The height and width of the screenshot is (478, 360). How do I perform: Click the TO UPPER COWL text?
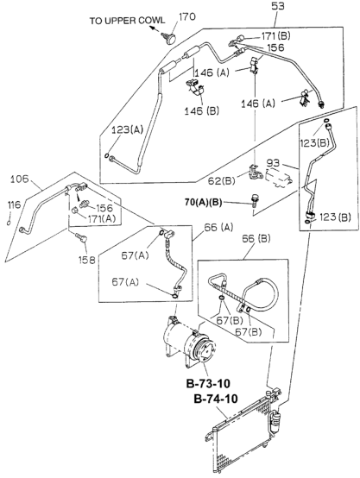pos(127,21)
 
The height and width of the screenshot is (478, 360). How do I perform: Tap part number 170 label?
pos(187,16)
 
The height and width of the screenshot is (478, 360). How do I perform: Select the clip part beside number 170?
pos(169,37)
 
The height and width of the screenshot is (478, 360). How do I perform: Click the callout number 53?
pos(277,6)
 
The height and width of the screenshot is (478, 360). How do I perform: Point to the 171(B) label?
pos(275,36)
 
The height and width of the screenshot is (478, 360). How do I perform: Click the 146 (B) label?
pos(202,111)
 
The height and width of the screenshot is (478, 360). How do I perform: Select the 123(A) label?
pos(127,130)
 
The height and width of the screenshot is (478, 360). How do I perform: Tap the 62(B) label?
pos(221,181)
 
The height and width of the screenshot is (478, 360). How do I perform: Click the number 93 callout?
pos(273,163)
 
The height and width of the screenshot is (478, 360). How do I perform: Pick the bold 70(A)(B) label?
pos(203,202)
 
